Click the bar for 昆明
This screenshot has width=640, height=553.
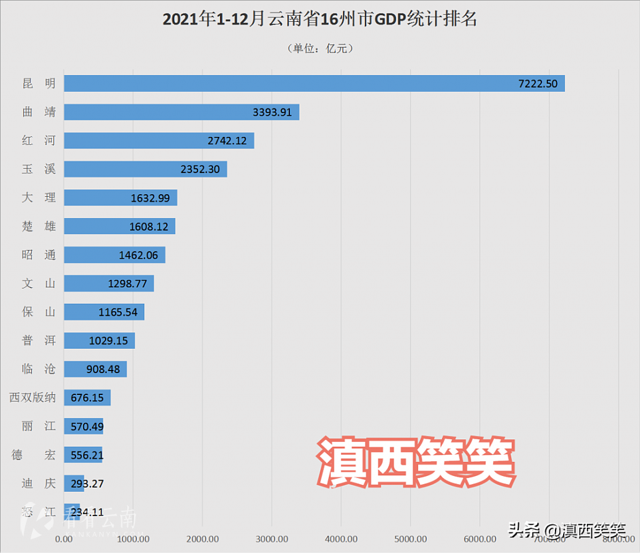[313, 84]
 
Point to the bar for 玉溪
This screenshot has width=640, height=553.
[145, 170]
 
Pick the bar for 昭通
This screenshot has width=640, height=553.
[114, 255]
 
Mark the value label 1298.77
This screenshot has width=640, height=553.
[127, 284]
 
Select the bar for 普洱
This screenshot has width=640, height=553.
[99, 341]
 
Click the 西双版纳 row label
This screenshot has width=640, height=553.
[32, 398]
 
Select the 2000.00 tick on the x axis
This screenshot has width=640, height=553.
[202, 539]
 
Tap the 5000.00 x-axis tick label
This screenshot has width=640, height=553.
[411, 539]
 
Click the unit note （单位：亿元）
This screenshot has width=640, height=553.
[319, 48]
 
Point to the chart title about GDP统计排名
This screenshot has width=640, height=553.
[319, 20]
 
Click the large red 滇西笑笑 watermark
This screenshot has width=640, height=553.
[415, 462]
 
